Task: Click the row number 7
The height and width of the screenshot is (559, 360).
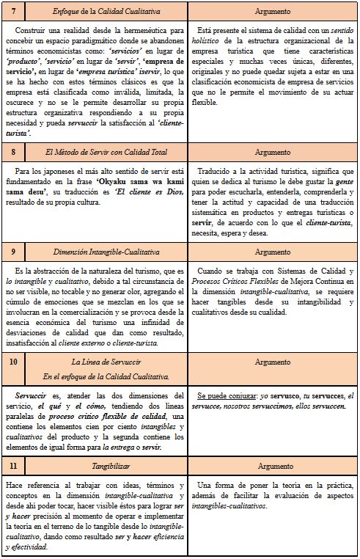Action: click(x=13, y=12)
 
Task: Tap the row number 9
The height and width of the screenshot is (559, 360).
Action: click(x=13, y=251)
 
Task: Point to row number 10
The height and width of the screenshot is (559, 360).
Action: click(x=13, y=362)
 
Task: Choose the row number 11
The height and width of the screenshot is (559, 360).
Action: click(x=13, y=466)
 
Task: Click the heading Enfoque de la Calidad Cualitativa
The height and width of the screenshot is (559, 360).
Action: click(x=102, y=12)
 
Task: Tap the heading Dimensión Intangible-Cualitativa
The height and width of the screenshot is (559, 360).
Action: click(x=102, y=251)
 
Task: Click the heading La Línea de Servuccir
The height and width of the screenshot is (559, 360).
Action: click(x=102, y=362)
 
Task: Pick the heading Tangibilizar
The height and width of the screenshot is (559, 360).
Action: click(x=102, y=466)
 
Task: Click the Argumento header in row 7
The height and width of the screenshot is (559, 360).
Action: click(x=272, y=12)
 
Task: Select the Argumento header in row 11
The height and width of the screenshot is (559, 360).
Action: click(x=272, y=466)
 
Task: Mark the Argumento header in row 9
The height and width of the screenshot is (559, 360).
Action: click(x=272, y=251)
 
